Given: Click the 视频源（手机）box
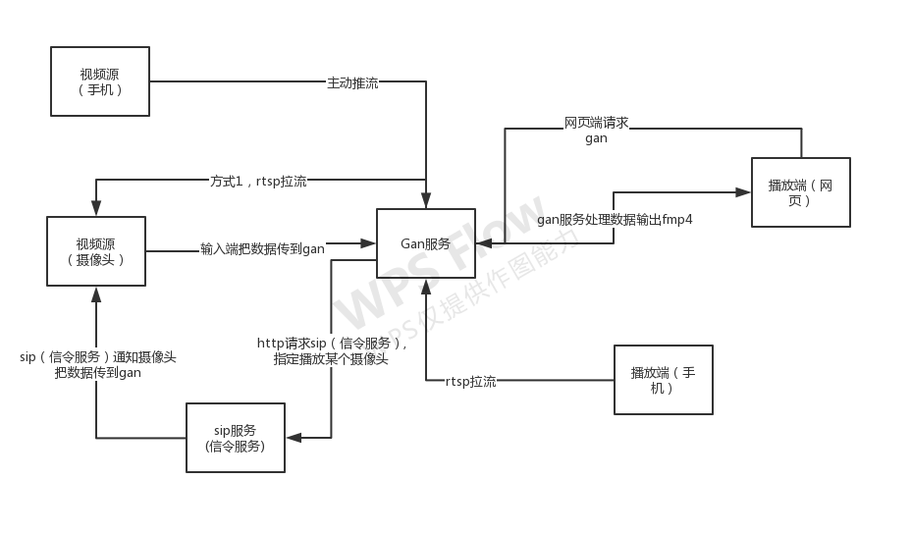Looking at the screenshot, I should point(100,81).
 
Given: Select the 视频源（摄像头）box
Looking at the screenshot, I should point(96,251).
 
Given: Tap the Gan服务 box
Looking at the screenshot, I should point(426,243).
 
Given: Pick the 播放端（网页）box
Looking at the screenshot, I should point(800,192).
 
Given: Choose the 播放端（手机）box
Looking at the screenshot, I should point(663,380).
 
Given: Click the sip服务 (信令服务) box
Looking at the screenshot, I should point(236,438).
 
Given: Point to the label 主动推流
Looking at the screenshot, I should point(352,83).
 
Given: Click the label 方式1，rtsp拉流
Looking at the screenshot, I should point(258,182).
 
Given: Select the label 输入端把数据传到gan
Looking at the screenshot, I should point(262,248).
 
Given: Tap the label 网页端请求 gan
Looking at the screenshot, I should point(596,131).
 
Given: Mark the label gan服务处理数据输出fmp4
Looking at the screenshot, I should point(616,220).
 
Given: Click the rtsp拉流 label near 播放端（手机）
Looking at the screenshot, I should point(470,381).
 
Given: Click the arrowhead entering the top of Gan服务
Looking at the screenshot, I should point(426,201).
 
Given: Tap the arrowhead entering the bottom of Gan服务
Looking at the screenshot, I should point(426,287).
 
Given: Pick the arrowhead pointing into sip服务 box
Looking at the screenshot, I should point(293,438).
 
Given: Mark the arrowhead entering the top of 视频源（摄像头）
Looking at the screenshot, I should point(96,209).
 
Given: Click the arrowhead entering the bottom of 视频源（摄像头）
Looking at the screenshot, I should point(96,293).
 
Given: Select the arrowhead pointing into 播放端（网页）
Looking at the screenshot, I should point(744,192).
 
